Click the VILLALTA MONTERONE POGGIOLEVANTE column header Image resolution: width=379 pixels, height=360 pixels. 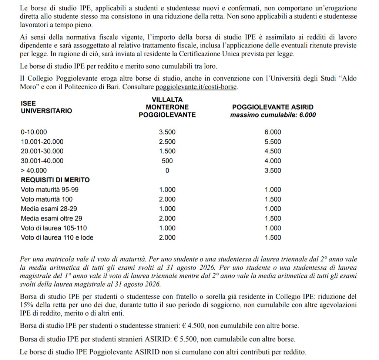click(x=167, y=107)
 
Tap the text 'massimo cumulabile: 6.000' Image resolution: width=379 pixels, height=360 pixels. click(x=273, y=115)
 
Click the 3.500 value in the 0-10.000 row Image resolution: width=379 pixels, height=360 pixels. click(x=167, y=132)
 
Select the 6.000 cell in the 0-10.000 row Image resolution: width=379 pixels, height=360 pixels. click(x=273, y=132)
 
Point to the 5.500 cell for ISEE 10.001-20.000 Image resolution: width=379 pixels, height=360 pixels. click(x=273, y=142)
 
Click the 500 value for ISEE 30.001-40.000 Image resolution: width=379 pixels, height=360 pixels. click(x=167, y=161)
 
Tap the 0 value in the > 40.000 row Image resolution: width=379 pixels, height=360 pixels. click(x=167, y=170)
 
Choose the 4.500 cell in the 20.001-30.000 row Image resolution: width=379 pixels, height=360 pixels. click(x=273, y=151)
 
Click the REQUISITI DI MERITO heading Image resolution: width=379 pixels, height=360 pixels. click(x=55, y=180)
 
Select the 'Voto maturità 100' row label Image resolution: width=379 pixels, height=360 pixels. click(x=47, y=199)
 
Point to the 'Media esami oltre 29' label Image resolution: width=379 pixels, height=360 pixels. click(x=51, y=219)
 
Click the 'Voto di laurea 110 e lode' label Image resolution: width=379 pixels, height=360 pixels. click(x=57, y=238)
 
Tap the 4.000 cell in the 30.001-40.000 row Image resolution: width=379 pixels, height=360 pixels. click(x=273, y=161)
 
